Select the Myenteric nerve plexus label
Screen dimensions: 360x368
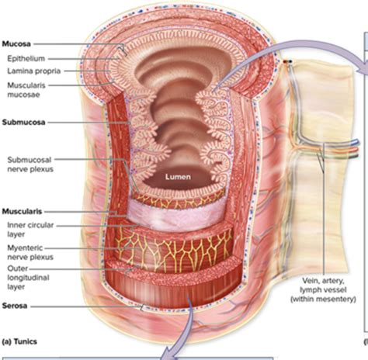tap(29, 254)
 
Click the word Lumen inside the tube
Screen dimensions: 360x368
tap(176, 177)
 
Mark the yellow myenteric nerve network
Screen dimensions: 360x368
tap(186, 252)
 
